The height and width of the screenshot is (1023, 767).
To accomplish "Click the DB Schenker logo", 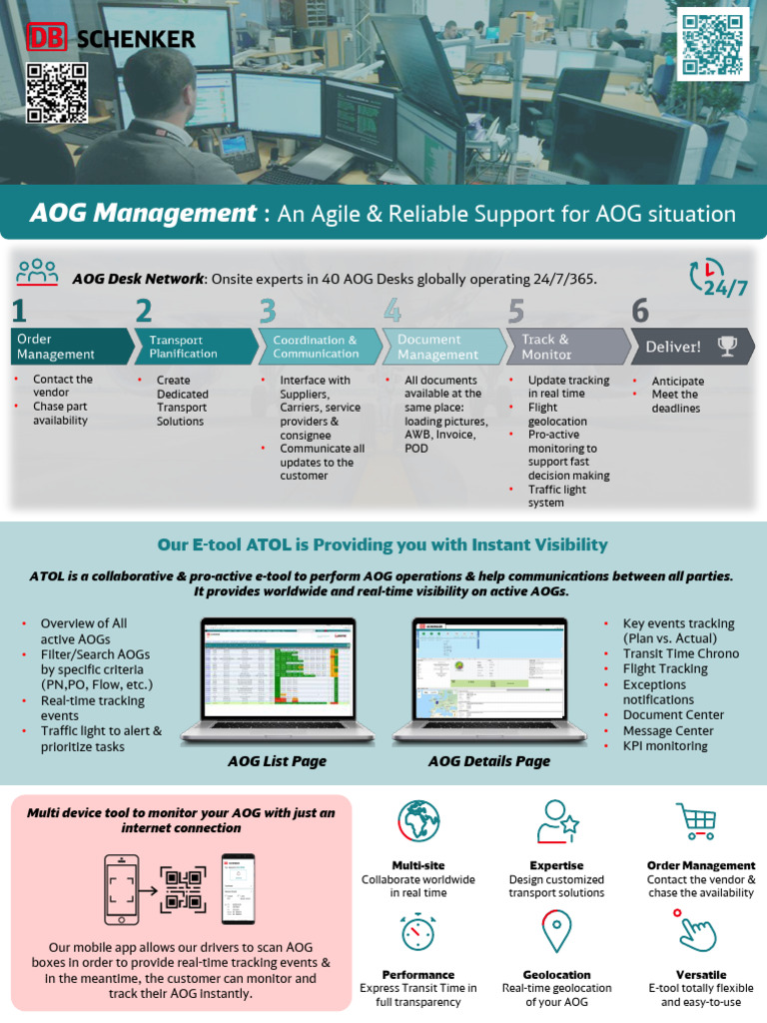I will pyautogui.click(x=110, y=38).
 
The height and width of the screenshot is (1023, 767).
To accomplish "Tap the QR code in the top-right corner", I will pyautogui.click(x=713, y=44).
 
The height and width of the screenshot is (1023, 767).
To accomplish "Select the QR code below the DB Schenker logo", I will pyautogui.click(x=57, y=93).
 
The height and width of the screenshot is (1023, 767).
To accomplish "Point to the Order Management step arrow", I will pyautogui.click(x=71, y=347).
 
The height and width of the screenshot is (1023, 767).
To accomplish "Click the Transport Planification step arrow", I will pyautogui.click(x=195, y=347).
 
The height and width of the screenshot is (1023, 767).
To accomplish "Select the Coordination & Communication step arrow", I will pyautogui.click(x=320, y=347).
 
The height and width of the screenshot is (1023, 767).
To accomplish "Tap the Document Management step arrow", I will pyautogui.click(x=443, y=347).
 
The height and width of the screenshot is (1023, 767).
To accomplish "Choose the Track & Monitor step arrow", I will pyautogui.click(x=567, y=347).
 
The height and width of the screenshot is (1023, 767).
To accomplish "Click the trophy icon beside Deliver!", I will pyautogui.click(x=728, y=347).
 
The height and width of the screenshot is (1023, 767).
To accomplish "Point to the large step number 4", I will pyautogui.click(x=392, y=311).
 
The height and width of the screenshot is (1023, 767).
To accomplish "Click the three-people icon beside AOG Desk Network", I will pyautogui.click(x=38, y=272).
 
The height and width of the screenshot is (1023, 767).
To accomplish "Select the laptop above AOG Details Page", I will pyautogui.click(x=489, y=682).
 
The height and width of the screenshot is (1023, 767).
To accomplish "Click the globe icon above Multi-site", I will pyautogui.click(x=418, y=822).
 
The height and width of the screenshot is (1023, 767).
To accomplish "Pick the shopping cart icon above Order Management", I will pyautogui.click(x=695, y=822).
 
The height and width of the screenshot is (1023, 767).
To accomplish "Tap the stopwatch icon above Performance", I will pyautogui.click(x=418, y=931).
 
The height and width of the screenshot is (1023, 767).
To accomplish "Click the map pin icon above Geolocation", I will pyautogui.click(x=556, y=931).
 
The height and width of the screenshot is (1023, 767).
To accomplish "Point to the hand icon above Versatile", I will pyautogui.click(x=695, y=931).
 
